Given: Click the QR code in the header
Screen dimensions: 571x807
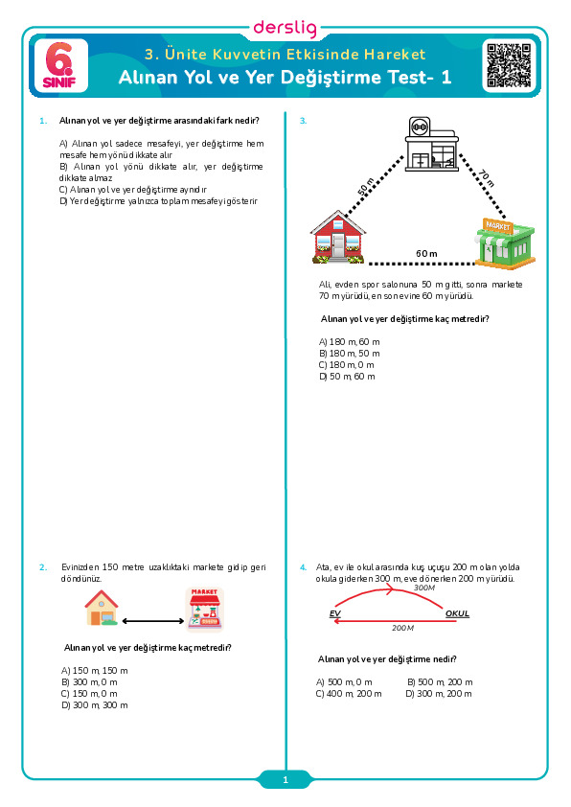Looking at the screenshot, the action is [x=509, y=65].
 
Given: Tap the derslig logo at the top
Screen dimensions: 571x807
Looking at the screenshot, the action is [x=285, y=28].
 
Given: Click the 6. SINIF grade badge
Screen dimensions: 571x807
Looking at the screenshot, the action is [x=60, y=66].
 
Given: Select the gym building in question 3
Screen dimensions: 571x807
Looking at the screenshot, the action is [x=431, y=145].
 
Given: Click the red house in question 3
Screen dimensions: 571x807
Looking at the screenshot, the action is [x=338, y=238].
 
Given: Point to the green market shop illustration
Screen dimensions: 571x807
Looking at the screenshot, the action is [x=504, y=244].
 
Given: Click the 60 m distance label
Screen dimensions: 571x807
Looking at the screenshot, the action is [x=426, y=254].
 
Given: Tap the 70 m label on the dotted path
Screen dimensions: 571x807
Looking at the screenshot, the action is [x=486, y=177].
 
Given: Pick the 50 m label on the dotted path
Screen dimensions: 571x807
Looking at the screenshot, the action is [x=366, y=186].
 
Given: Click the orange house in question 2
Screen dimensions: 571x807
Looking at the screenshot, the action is [x=102, y=608].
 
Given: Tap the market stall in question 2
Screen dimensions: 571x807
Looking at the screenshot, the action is [x=205, y=610].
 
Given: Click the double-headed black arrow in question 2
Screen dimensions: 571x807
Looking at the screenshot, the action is [x=152, y=621].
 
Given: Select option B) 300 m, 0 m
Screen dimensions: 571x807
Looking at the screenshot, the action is [x=89, y=682].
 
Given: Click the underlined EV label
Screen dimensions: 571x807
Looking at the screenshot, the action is [x=335, y=613].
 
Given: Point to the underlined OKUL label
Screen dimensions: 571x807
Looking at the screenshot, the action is [x=457, y=613].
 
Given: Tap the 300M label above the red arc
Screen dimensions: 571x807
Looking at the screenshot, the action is [x=424, y=588].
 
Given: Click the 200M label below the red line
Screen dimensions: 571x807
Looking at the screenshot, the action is [x=402, y=628].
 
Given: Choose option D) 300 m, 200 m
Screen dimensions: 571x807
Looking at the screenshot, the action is [x=439, y=694].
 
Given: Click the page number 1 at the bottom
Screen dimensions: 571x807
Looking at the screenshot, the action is [x=285, y=780].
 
